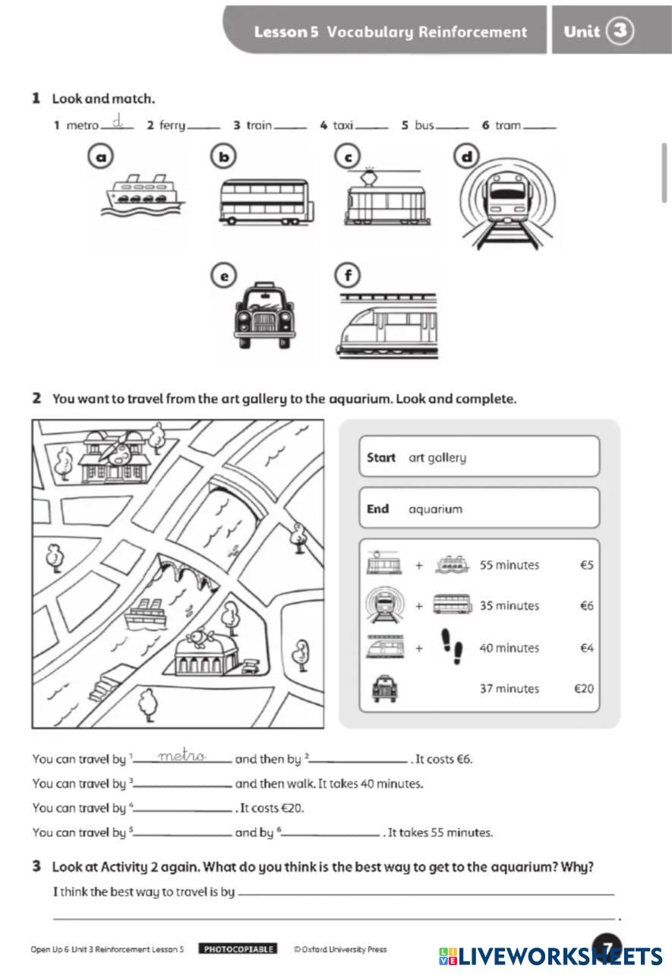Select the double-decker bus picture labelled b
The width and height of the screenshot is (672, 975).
263,202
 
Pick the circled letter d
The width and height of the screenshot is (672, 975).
467,157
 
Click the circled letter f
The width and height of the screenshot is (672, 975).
348,276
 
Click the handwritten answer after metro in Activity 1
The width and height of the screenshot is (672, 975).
117,121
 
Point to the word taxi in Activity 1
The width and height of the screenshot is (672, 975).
343,125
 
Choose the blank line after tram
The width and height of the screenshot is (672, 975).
540,127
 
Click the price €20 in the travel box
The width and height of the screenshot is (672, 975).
583,689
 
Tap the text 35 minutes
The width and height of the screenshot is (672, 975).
509,606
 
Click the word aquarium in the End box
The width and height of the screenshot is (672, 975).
435,510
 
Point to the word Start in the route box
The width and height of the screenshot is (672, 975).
380,458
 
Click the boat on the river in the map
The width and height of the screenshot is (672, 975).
147,611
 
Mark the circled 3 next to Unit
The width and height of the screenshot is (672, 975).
620,31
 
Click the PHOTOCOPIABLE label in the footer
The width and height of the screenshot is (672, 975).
238,949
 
